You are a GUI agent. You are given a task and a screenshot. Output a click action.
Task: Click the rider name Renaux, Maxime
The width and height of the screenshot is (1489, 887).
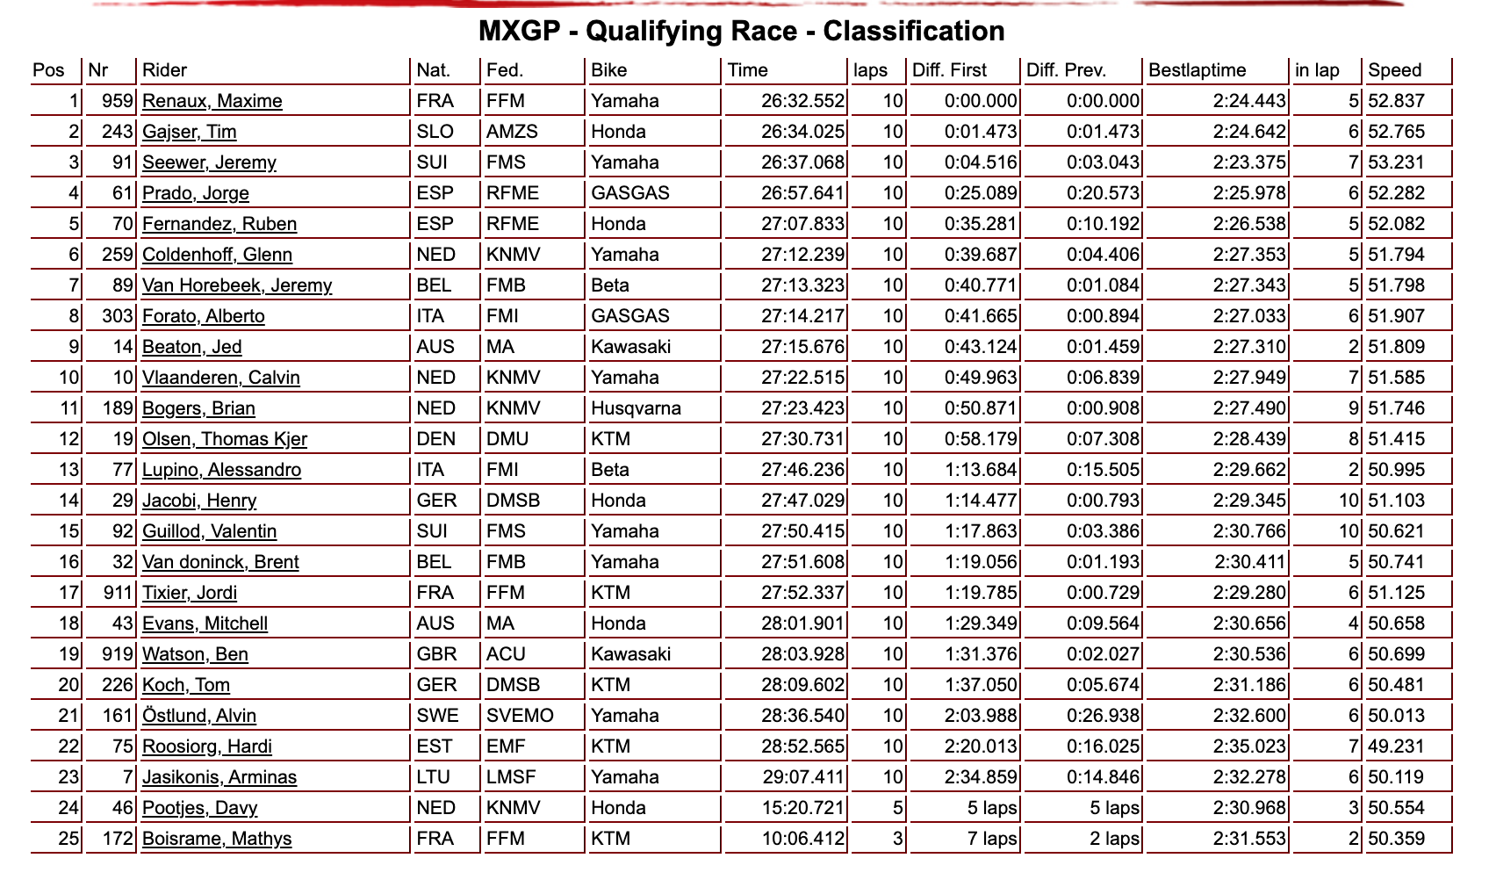point(212,101)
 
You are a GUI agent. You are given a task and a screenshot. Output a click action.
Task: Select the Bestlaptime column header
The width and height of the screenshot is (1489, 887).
point(1197,70)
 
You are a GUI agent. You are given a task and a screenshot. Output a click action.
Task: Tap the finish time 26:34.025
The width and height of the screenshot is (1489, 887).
point(802,132)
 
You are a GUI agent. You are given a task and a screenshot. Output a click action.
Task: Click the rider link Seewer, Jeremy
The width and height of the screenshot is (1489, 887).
point(209,162)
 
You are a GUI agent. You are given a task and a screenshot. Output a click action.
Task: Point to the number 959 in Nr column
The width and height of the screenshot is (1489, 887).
point(117,101)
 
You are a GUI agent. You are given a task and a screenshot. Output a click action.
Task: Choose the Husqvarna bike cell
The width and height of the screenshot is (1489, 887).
point(636,408)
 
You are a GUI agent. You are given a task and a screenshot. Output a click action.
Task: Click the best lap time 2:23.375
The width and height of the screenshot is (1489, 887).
point(1249,162)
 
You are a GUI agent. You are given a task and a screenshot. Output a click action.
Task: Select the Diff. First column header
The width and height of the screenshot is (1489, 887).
point(949,70)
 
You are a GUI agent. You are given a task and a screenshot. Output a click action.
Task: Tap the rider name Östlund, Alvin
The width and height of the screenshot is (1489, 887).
point(199,716)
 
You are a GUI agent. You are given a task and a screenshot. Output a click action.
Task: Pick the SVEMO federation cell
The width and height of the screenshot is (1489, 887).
point(520,716)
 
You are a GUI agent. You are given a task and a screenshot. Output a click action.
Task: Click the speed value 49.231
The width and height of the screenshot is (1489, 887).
point(1396,746)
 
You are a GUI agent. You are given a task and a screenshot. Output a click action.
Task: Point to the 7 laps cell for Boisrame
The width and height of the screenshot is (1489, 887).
point(992,839)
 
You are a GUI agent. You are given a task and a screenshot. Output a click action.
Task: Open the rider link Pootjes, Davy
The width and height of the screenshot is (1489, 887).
point(199,808)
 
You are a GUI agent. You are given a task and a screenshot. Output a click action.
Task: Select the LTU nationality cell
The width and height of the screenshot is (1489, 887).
point(433,777)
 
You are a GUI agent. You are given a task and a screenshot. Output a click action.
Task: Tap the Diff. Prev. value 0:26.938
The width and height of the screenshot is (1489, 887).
point(1103,716)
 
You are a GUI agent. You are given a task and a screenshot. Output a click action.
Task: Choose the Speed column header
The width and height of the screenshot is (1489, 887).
point(1394,70)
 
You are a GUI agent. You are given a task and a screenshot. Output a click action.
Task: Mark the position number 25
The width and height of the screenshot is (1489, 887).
point(68,839)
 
